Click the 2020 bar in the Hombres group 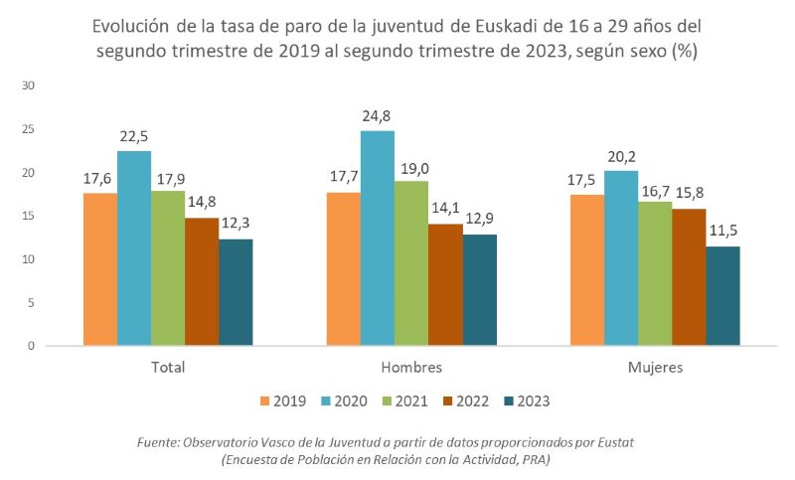(x=378, y=239)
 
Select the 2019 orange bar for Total (x=100, y=269)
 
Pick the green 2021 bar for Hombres (x=411, y=263)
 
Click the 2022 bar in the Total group (x=202, y=281)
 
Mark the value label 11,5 (x=722, y=233)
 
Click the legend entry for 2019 (x=281, y=401)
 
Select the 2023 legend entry (x=526, y=401)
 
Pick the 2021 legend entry (x=403, y=401)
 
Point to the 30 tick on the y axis (x=29, y=85)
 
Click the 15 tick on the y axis (x=29, y=216)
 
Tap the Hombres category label (x=411, y=367)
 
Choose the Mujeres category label (x=655, y=367)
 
